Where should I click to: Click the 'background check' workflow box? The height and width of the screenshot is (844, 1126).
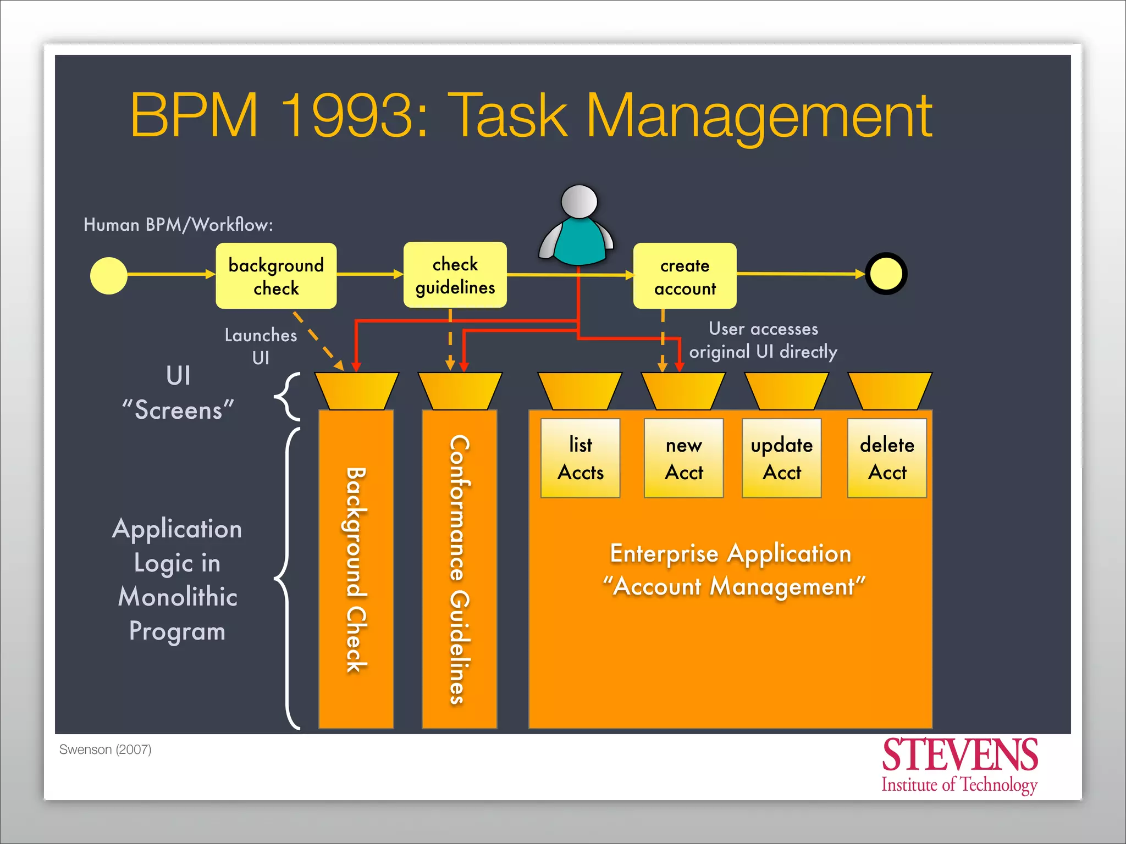click(x=276, y=276)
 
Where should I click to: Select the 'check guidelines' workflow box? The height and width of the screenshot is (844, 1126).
click(x=455, y=275)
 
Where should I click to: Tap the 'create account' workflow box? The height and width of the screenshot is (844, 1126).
click(x=685, y=276)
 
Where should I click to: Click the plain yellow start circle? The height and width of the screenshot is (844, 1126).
click(x=109, y=276)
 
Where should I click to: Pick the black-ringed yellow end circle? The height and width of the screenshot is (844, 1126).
click(x=886, y=274)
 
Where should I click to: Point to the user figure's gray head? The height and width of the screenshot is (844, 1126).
click(x=579, y=201)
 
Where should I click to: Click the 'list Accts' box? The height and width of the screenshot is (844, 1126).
click(x=580, y=458)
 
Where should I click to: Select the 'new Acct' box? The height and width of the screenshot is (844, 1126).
click(x=683, y=458)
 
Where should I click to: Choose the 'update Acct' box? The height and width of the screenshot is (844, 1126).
click(x=781, y=458)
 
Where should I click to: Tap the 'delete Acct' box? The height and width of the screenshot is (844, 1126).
click(x=887, y=458)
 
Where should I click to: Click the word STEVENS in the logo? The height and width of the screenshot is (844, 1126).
click(x=959, y=756)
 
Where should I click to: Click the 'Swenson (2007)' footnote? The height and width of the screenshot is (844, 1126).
click(x=105, y=749)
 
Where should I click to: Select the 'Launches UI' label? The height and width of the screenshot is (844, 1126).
click(x=261, y=346)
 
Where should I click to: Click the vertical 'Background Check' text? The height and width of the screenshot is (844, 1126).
click(x=356, y=569)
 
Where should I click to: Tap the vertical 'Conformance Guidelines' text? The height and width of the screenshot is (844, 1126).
click(x=460, y=569)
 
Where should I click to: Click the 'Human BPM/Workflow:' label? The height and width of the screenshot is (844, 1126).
click(x=178, y=225)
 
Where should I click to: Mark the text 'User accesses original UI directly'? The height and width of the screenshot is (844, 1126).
click(x=763, y=341)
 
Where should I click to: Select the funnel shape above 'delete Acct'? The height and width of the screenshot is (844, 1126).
click(x=890, y=391)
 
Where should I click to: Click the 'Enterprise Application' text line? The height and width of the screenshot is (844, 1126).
click(x=730, y=553)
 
